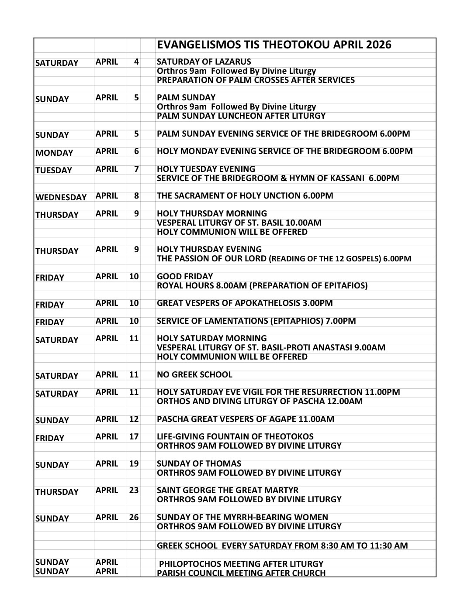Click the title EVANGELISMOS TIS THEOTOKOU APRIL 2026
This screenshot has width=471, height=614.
pos(274,45)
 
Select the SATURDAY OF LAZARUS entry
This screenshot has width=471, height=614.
pos(204,62)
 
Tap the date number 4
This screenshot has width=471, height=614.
pos(136,62)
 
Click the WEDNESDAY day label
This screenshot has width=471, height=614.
pos(61,197)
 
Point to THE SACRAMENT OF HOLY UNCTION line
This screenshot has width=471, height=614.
pos(245,196)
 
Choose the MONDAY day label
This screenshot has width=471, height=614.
pos(54,153)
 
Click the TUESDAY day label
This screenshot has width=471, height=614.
pos(53,171)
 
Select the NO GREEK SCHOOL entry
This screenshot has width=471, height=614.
pos(194,375)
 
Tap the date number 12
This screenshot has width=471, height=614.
pos(134,419)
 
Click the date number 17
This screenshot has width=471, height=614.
pos(134,437)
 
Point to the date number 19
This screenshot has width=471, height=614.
pos(134,464)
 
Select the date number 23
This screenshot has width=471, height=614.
pos(134,491)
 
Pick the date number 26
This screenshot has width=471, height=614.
pos(134,518)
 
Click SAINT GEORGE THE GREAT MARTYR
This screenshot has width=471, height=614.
pos(228,491)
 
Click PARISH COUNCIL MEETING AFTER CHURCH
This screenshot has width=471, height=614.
pos(241,573)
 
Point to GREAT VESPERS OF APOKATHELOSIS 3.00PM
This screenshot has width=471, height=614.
pos(245,303)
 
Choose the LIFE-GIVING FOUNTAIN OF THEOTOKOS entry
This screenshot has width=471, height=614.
pos(235,437)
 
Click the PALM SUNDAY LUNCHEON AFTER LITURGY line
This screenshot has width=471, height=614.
pos(241,116)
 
